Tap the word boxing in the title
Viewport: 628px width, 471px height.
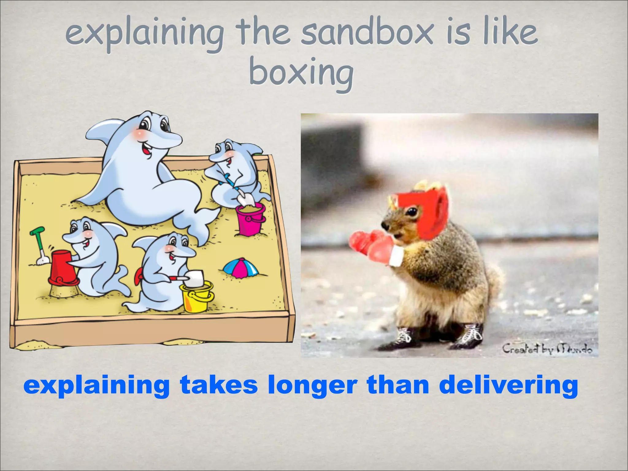tap(301, 74)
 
